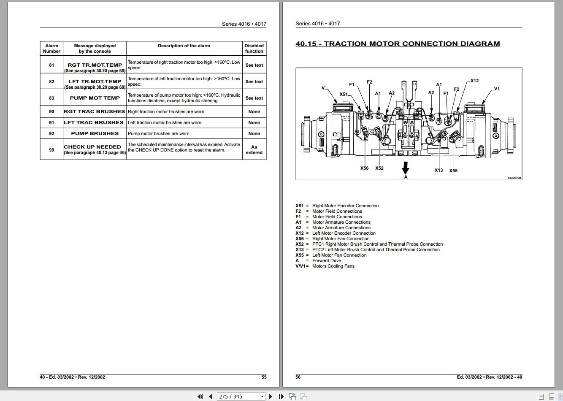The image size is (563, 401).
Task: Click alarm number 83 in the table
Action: pyautogui.click(x=51, y=98)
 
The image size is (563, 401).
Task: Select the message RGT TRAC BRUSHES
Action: pyautogui.click(x=95, y=111)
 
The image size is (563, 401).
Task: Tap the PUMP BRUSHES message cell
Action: pyautogui.click(x=95, y=133)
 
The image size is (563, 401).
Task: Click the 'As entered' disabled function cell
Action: pyautogui.click(x=254, y=150)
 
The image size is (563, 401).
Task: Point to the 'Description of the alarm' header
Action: pyautogui.click(x=184, y=46)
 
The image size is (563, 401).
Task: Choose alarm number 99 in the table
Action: pyautogui.click(x=51, y=150)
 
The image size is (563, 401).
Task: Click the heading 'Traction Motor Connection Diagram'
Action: pyautogui.click(x=398, y=44)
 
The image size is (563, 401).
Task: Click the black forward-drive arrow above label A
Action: pyautogui.click(x=406, y=168)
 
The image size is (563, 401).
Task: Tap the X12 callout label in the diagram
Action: pyautogui.click(x=474, y=81)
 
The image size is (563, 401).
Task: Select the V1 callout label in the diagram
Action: pyautogui.click(x=496, y=89)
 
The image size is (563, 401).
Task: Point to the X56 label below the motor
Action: pyautogui.click(x=364, y=168)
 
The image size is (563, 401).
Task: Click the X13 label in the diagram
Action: pyautogui.click(x=438, y=170)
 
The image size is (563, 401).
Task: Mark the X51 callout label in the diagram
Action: pyautogui.click(x=344, y=94)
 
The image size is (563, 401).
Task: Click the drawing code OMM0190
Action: pyautogui.click(x=514, y=178)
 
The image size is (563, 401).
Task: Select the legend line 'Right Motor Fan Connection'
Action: pyautogui.click(x=341, y=238)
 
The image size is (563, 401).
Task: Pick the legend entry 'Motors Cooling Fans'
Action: pyautogui.click(x=333, y=266)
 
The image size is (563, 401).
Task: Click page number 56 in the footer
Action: pyautogui.click(x=298, y=377)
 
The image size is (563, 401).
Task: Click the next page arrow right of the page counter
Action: pyautogui.click(x=271, y=396)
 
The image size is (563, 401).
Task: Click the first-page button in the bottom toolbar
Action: pyautogui.click(x=200, y=396)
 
